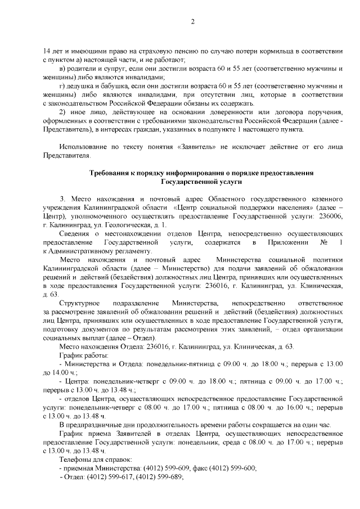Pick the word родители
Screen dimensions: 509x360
click(x=76, y=68)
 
